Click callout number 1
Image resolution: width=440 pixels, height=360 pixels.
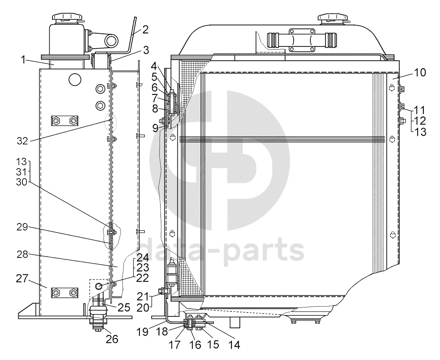click(x=23, y=60)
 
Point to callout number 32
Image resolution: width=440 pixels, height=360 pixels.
click(x=22, y=141)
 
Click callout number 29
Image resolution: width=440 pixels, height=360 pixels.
click(x=22, y=227)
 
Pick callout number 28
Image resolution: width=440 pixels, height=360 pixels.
click(x=22, y=254)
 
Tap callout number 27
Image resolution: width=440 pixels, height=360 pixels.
click(x=22, y=278)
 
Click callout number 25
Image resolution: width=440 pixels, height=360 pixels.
click(x=124, y=307)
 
